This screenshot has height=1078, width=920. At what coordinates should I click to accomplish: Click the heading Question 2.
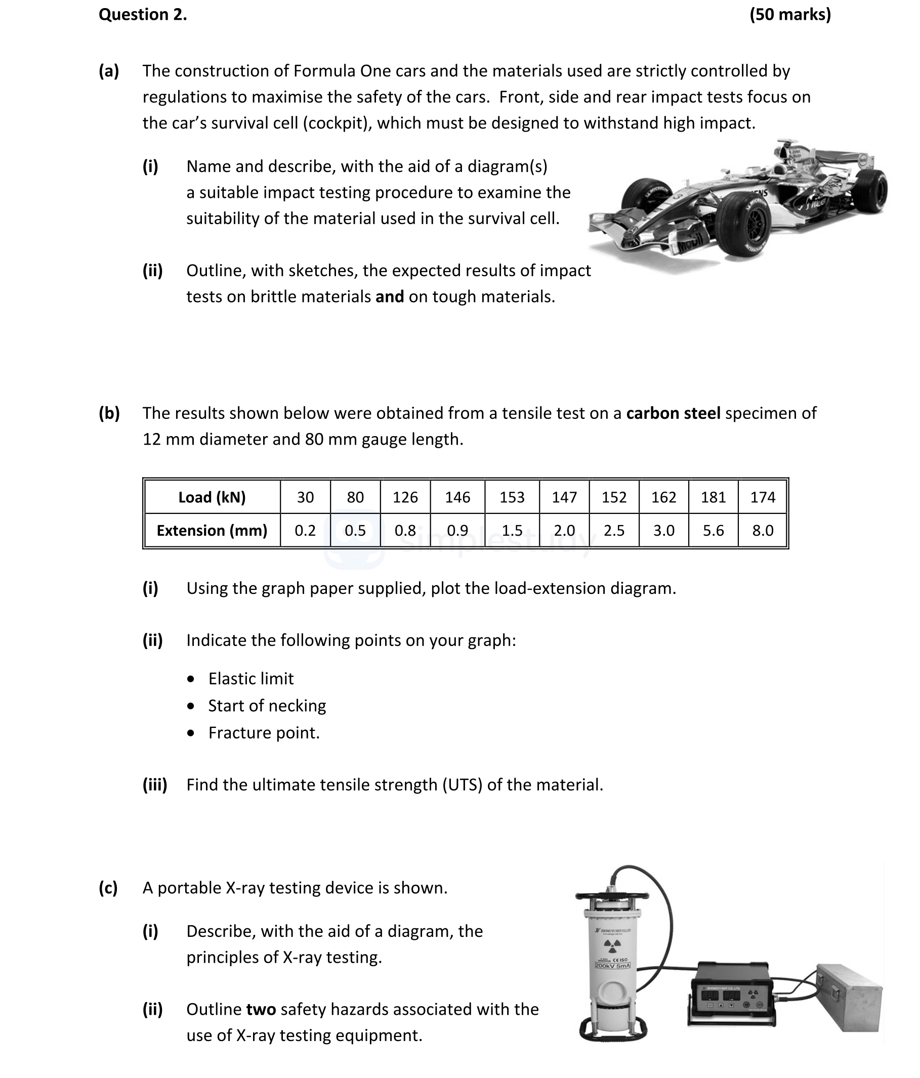tap(143, 15)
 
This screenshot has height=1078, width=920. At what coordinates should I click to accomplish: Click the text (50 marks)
tap(789, 15)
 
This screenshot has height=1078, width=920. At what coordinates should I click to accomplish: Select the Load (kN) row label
tap(212, 497)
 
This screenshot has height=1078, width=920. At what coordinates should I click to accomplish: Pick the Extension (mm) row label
tap(212, 530)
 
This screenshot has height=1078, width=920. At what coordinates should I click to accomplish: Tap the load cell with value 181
tap(713, 497)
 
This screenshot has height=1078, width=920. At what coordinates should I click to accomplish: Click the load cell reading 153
tap(512, 497)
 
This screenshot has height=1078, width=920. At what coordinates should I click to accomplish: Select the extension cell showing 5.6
tap(713, 530)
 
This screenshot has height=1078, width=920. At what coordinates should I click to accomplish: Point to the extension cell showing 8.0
tap(762, 530)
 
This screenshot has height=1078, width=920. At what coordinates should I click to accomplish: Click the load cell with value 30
tap(306, 497)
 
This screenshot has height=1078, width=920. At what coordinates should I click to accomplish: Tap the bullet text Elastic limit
tap(251, 678)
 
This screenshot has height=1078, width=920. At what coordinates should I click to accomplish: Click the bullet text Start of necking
tap(267, 706)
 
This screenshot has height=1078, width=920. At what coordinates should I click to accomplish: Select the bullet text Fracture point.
tap(264, 732)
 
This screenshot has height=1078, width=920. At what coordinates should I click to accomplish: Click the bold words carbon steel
tap(674, 413)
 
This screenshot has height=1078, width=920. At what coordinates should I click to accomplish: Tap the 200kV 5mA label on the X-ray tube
tap(612, 966)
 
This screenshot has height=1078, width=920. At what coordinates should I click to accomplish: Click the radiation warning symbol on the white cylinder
tap(612, 944)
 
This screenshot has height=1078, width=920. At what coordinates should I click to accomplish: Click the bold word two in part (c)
tap(261, 1009)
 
